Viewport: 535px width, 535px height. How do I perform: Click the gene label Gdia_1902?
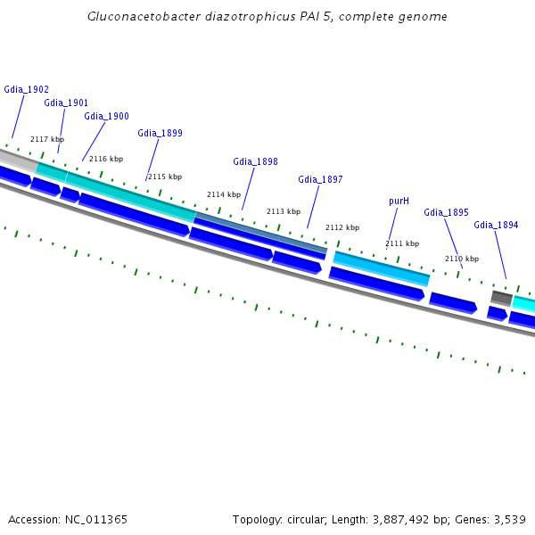click(x=26, y=89)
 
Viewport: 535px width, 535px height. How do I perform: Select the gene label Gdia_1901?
click(x=66, y=103)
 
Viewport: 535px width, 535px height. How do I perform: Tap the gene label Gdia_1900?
click(x=106, y=116)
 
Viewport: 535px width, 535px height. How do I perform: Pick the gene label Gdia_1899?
click(x=160, y=133)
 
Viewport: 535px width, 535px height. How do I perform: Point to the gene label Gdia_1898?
click(x=255, y=161)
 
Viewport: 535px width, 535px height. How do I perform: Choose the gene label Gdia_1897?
click(x=320, y=179)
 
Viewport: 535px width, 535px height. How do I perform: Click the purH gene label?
click(x=399, y=202)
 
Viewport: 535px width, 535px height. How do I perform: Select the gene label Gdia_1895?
click(x=446, y=212)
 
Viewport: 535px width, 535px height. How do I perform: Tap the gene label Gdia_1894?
click(x=496, y=225)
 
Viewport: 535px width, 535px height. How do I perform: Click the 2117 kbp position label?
click(x=47, y=139)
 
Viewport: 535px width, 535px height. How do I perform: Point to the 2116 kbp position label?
click(x=106, y=159)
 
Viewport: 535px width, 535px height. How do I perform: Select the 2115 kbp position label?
click(x=165, y=177)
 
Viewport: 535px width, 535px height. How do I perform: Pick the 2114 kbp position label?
click(x=224, y=194)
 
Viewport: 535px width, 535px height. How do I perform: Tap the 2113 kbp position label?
click(x=284, y=211)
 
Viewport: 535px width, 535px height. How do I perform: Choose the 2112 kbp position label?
click(x=342, y=227)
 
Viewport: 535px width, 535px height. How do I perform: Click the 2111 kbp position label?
click(x=402, y=243)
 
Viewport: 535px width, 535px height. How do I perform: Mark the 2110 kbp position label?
click(x=462, y=259)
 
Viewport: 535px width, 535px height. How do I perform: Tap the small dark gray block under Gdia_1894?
click(x=501, y=298)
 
